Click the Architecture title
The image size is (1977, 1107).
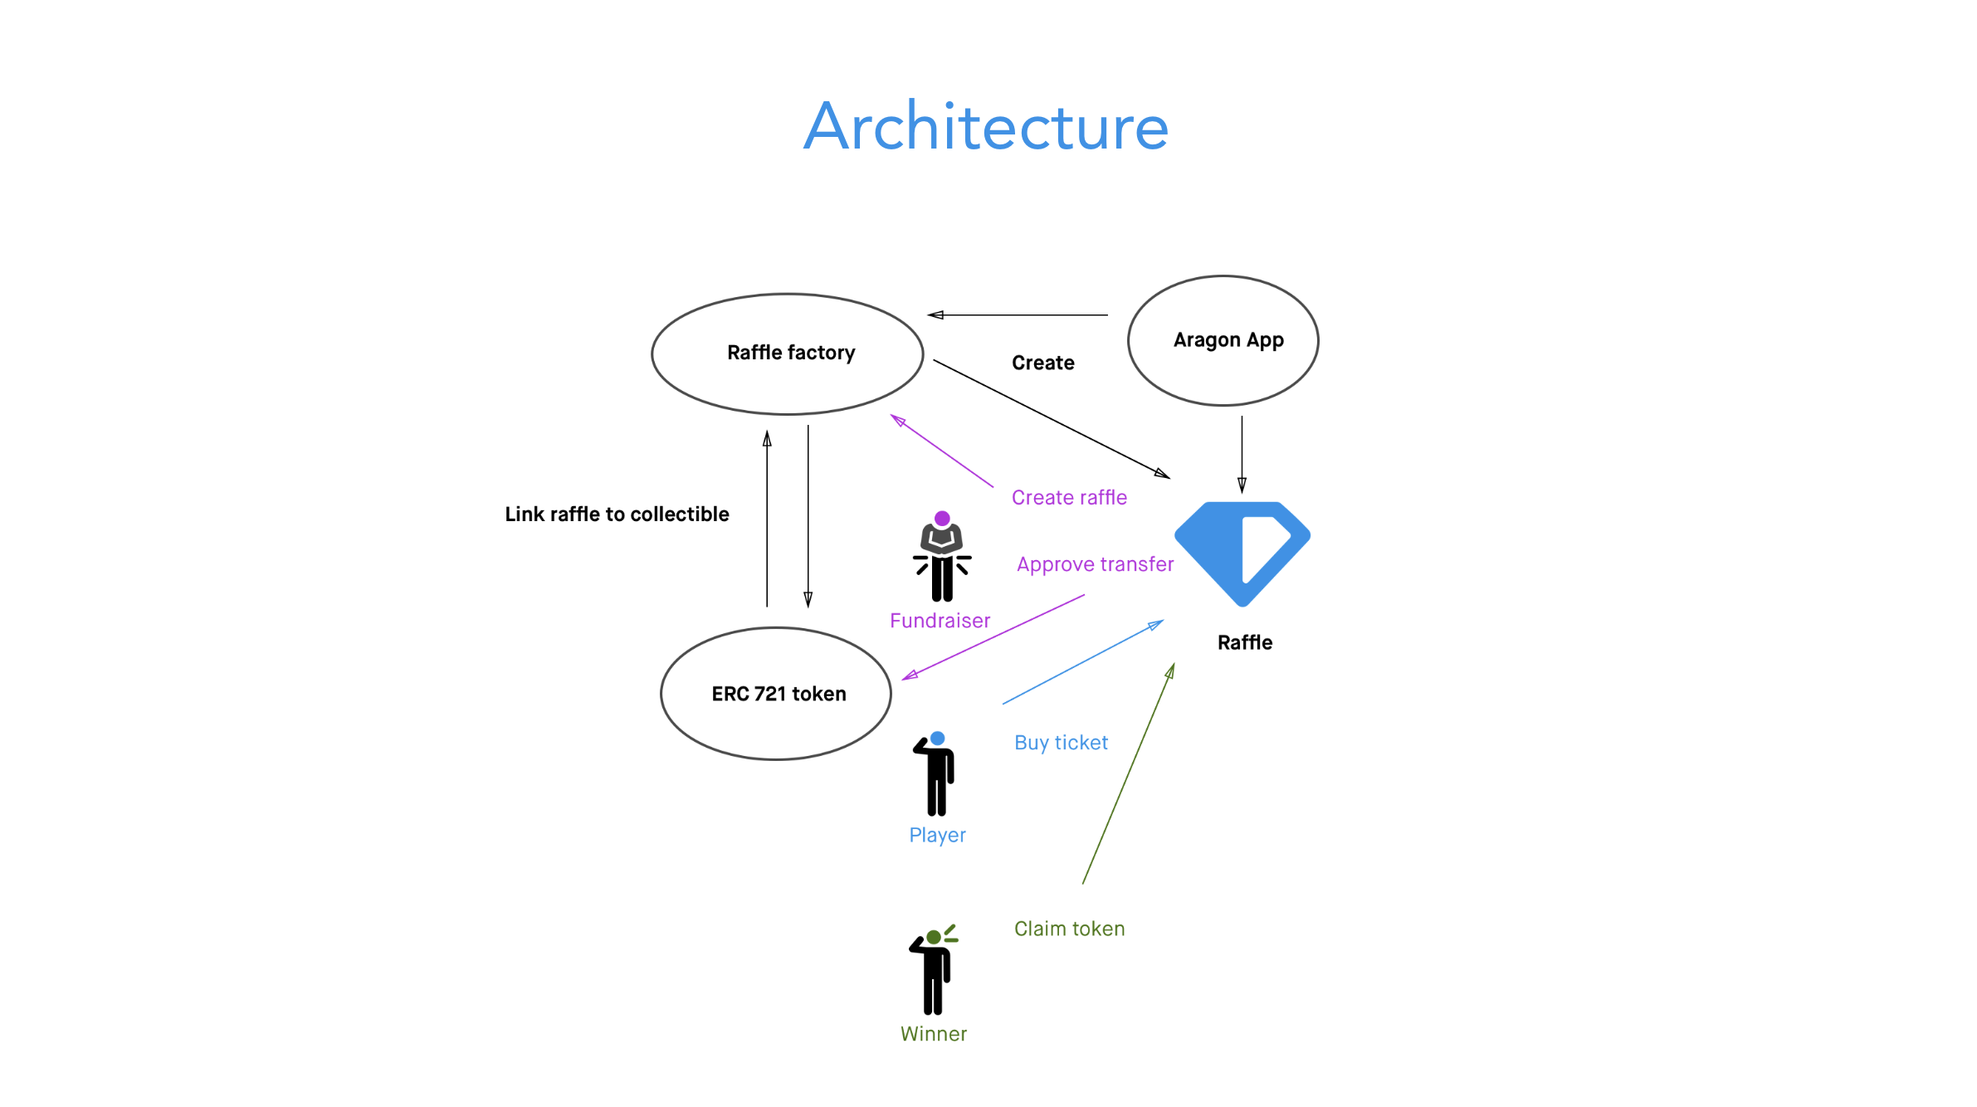coord(986,127)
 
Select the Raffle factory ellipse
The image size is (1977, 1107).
coord(788,354)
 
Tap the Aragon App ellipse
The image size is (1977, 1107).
coord(1223,340)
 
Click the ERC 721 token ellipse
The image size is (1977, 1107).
coord(776,693)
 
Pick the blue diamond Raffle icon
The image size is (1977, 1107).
coord(1242,552)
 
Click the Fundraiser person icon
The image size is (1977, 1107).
coord(942,557)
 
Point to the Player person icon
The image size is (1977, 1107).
coord(937,774)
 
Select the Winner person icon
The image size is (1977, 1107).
coord(934,970)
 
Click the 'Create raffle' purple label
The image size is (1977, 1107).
coord(1069,497)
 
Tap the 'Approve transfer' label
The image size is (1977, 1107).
coord(1095,564)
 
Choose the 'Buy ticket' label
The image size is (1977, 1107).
coord(1061,743)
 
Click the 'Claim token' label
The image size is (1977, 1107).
coord(1069,929)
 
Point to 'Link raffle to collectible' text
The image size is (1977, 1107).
coord(617,514)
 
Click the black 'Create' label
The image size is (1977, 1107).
coord(1042,363)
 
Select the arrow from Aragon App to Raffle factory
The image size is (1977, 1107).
coord(1018,315)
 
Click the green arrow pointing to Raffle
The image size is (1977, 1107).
coord(1129,773)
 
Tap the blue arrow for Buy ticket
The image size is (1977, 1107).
coord(1083,662)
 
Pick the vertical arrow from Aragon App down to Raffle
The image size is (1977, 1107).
coord(1242,454)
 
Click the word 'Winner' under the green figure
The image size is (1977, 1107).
coord(934,1034)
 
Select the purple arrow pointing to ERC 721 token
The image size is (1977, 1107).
coord(993,637)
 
